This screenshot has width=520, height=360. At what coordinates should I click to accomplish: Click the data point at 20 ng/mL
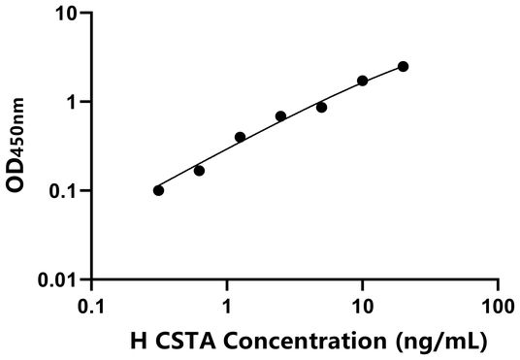[403, 66]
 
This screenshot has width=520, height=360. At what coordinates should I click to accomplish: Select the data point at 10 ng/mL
[363, 81]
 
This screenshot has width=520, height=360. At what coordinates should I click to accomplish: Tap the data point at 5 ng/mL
[321, 107]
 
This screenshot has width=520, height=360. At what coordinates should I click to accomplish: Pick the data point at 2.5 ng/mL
[280, 116]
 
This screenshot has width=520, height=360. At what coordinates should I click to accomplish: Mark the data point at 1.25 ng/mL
[240, 137]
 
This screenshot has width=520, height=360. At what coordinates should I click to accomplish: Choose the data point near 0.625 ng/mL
[199, 170]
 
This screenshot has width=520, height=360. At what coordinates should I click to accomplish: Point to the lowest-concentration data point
[158, 190]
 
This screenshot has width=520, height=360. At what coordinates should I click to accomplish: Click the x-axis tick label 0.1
[91, 304]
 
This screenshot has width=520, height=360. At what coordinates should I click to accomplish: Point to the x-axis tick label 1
[227, 304]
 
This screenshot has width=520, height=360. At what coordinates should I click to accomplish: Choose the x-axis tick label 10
[362, 304]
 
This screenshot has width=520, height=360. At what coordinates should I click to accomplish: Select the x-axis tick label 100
[498, 304]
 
